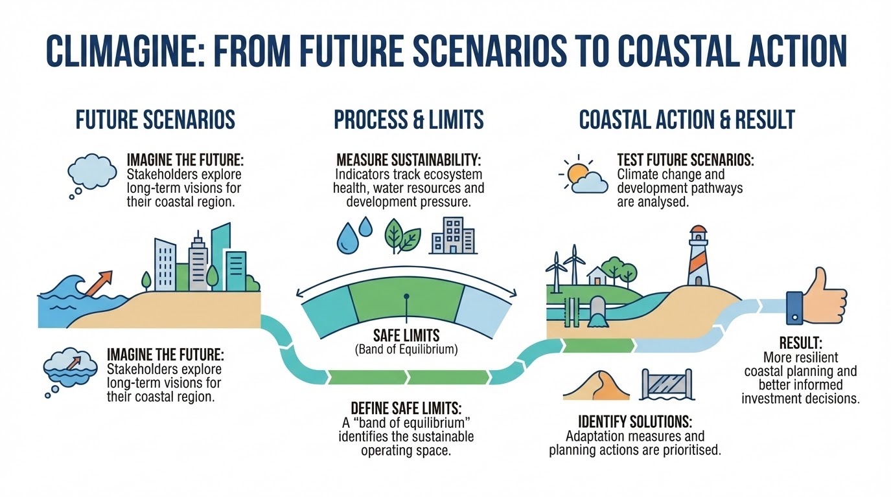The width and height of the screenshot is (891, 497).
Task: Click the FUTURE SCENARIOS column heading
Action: tap(156, 120)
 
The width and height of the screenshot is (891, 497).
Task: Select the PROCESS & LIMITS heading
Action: tap(408, 120)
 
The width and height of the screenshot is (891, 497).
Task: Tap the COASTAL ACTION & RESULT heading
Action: tap(686, 120)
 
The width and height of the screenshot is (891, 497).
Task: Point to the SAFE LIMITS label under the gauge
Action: tap(406, 335)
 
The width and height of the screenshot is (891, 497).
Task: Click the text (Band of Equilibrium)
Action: tap(406, 350)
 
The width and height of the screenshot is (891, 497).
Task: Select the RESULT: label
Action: tap(800, 342)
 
